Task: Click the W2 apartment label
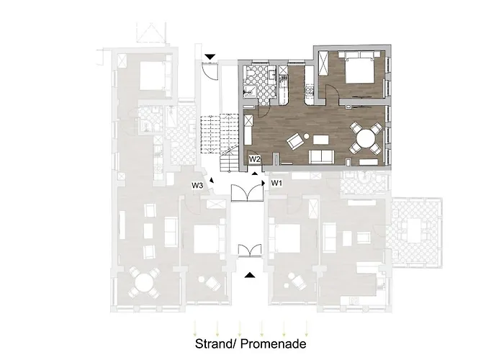tap(254, 159)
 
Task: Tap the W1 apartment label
tap(276, 183)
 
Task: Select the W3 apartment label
tap(197, 186)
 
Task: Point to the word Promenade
tap(273, 343)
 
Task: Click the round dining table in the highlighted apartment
tap(366, 138)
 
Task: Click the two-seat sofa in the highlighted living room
tap(321, 156)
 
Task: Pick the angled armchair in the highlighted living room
tap(296, 142)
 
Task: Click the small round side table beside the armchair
tap(306, 136)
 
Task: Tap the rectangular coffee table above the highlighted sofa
tap(321, 140)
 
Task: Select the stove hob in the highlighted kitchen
tap(310, 91)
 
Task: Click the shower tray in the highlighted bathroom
tap(249, 92)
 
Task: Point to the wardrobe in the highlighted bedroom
tap(323, 63)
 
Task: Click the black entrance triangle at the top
tap(210, 57)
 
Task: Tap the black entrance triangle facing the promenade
tap(250, 275)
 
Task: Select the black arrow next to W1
tap(264, 183)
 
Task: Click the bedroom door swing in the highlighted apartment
tap(332, 91)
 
